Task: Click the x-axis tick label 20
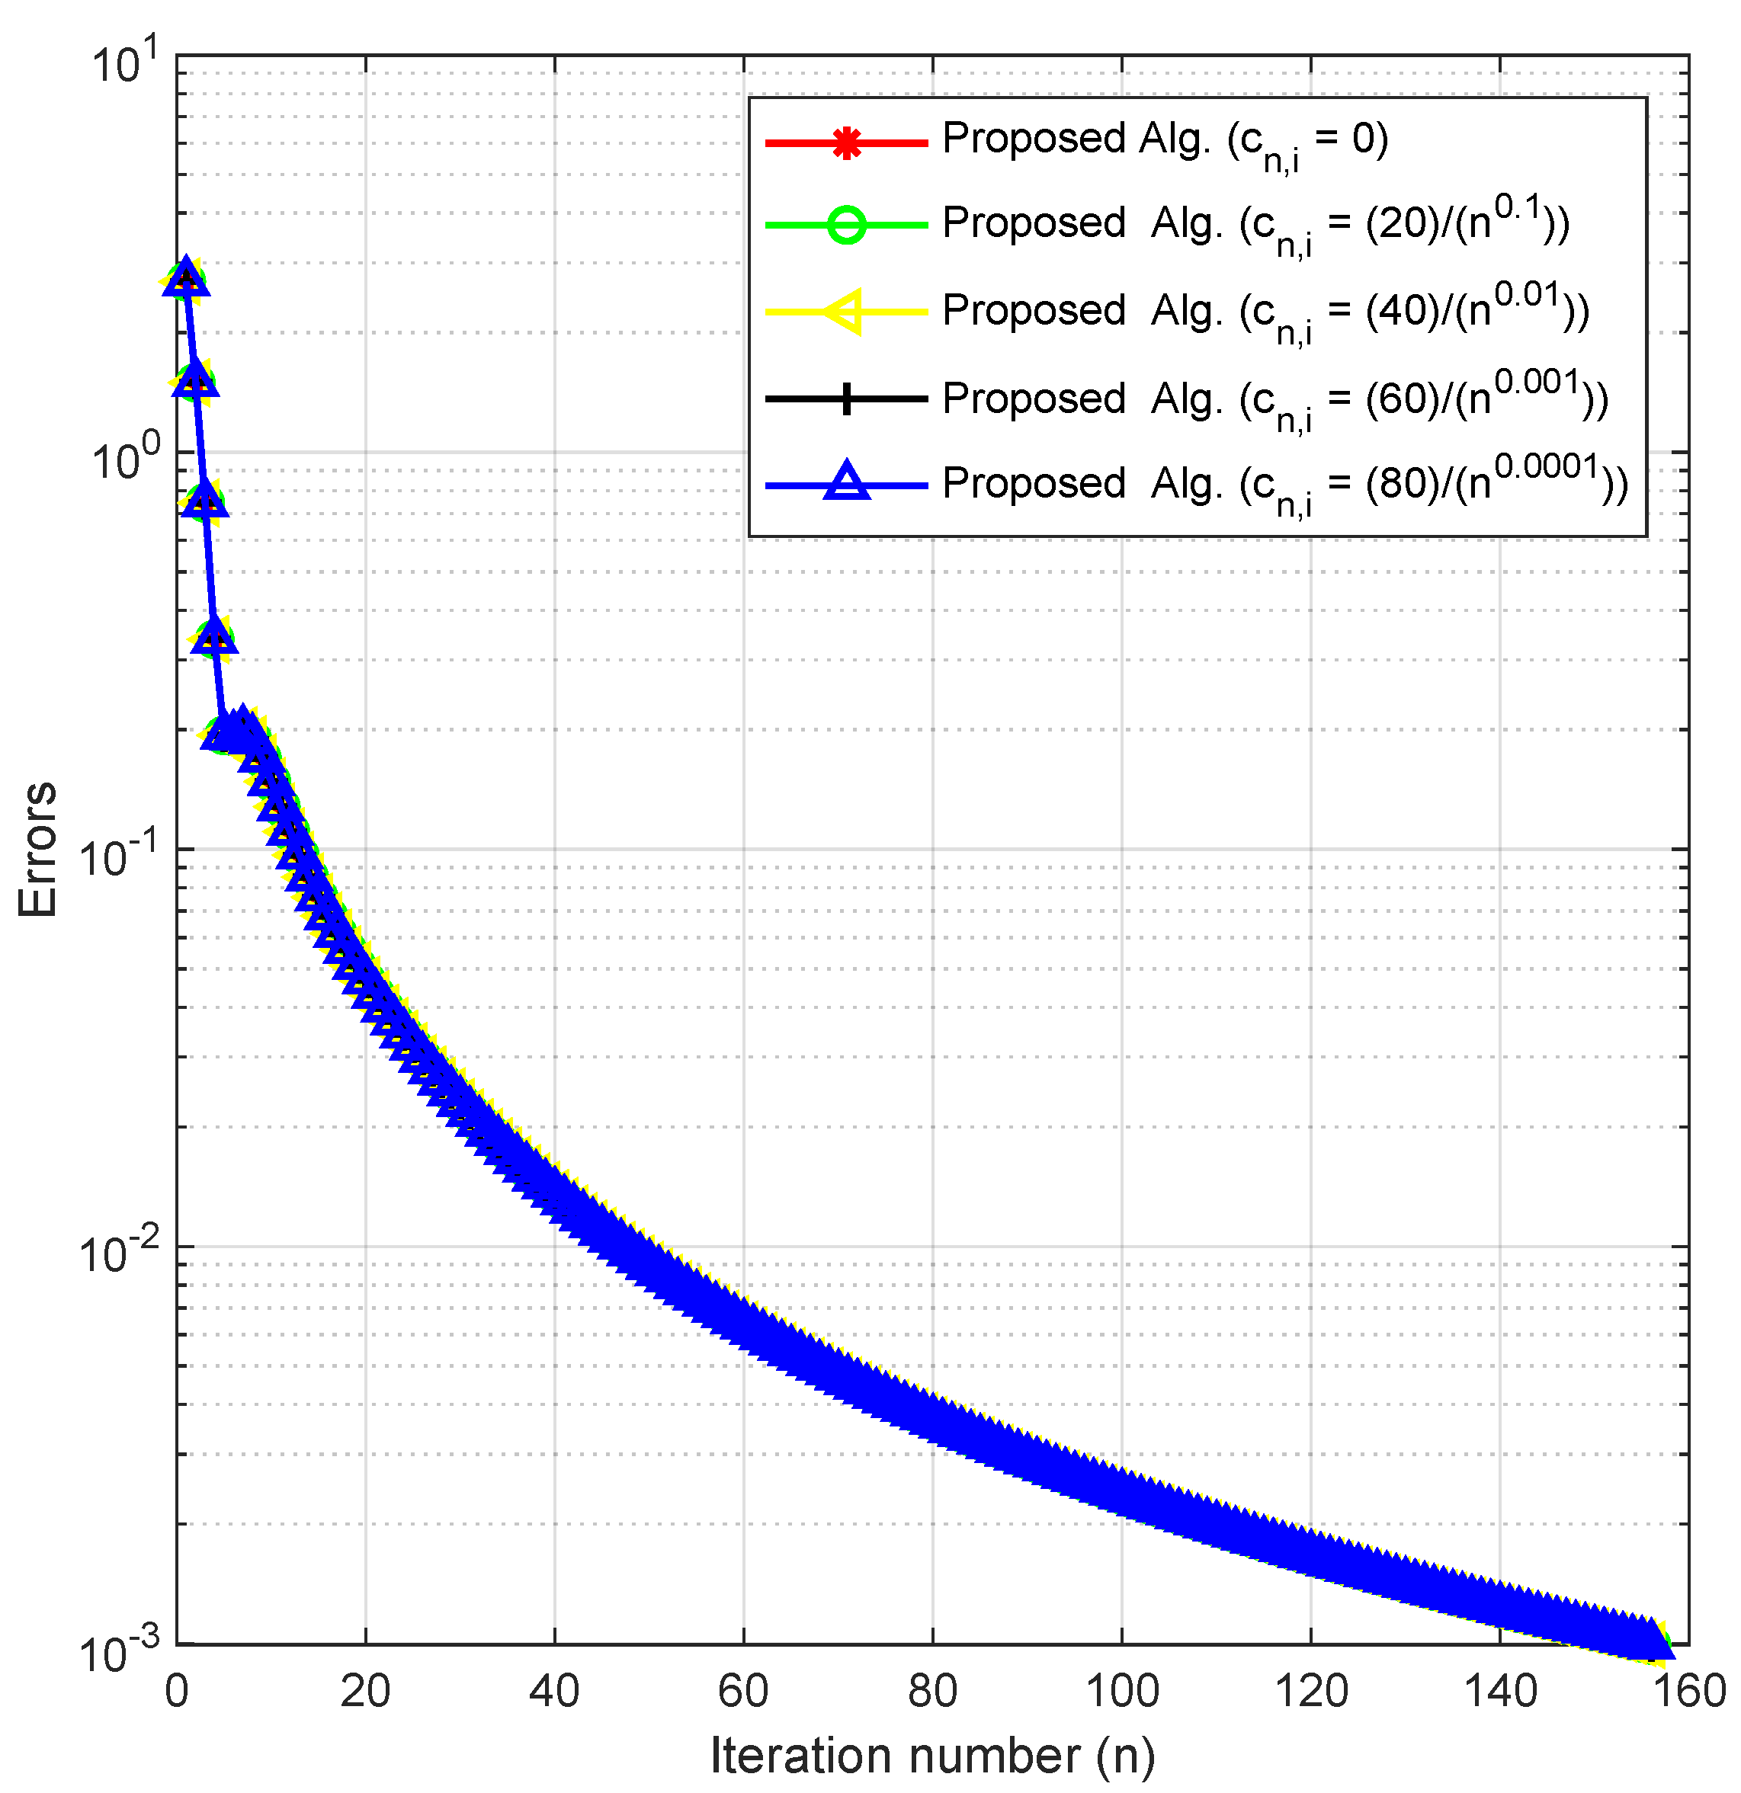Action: (x=365, y=1692)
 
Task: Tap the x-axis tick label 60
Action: (x=743, y=1692)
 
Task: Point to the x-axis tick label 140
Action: (x=1500, y=1692)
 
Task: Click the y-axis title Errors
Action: (x=38, y=849)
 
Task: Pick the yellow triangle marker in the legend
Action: (x=845, y=312)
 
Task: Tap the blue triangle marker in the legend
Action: (x=847, y=482)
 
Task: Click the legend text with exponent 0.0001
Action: (x=1284, y=484)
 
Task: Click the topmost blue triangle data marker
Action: (x=187, y=277)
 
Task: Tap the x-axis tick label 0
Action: (x=177, y=1692)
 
